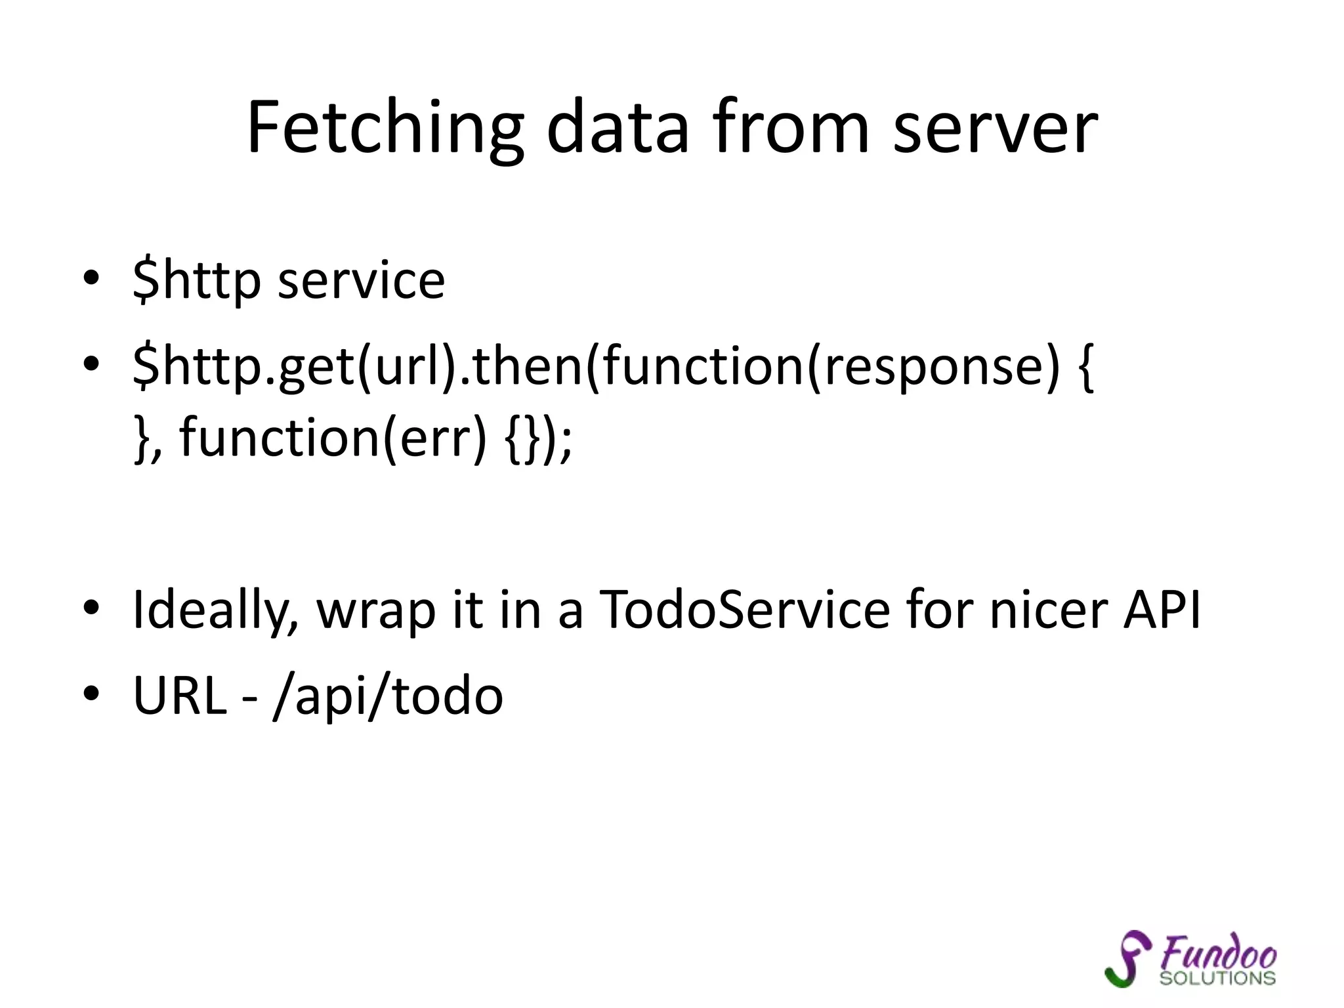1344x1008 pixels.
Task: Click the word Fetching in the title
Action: click(385, 128)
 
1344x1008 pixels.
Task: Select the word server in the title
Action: click(995, 128)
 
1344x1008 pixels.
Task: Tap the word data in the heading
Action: click(618, 128)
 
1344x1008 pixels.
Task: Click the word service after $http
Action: click(362, 281)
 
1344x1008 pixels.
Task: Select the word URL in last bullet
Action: click(180, 696)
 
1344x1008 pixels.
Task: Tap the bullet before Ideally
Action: click(91, 607)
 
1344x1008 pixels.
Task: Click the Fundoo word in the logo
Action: click(1218, 953)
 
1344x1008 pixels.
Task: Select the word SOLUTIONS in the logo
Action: click(1217, 978)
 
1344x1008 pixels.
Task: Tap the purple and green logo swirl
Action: click(1128, 959)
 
